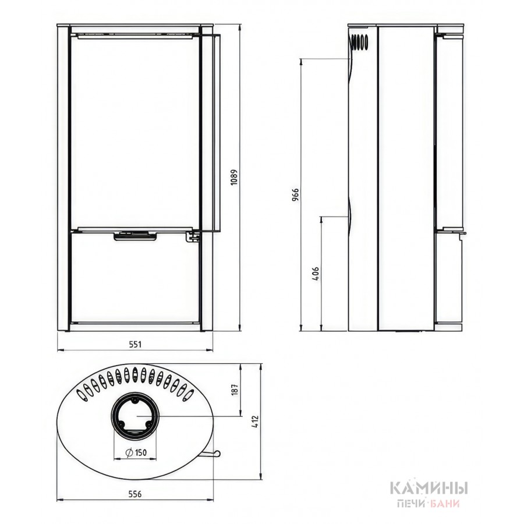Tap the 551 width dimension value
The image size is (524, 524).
(135, 344)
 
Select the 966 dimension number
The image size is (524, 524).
(295, 194)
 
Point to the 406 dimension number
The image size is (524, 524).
(315, 274)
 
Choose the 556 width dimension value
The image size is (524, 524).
(135, 494)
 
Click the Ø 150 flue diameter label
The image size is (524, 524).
(136, 452)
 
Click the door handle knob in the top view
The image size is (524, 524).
(218, 453)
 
